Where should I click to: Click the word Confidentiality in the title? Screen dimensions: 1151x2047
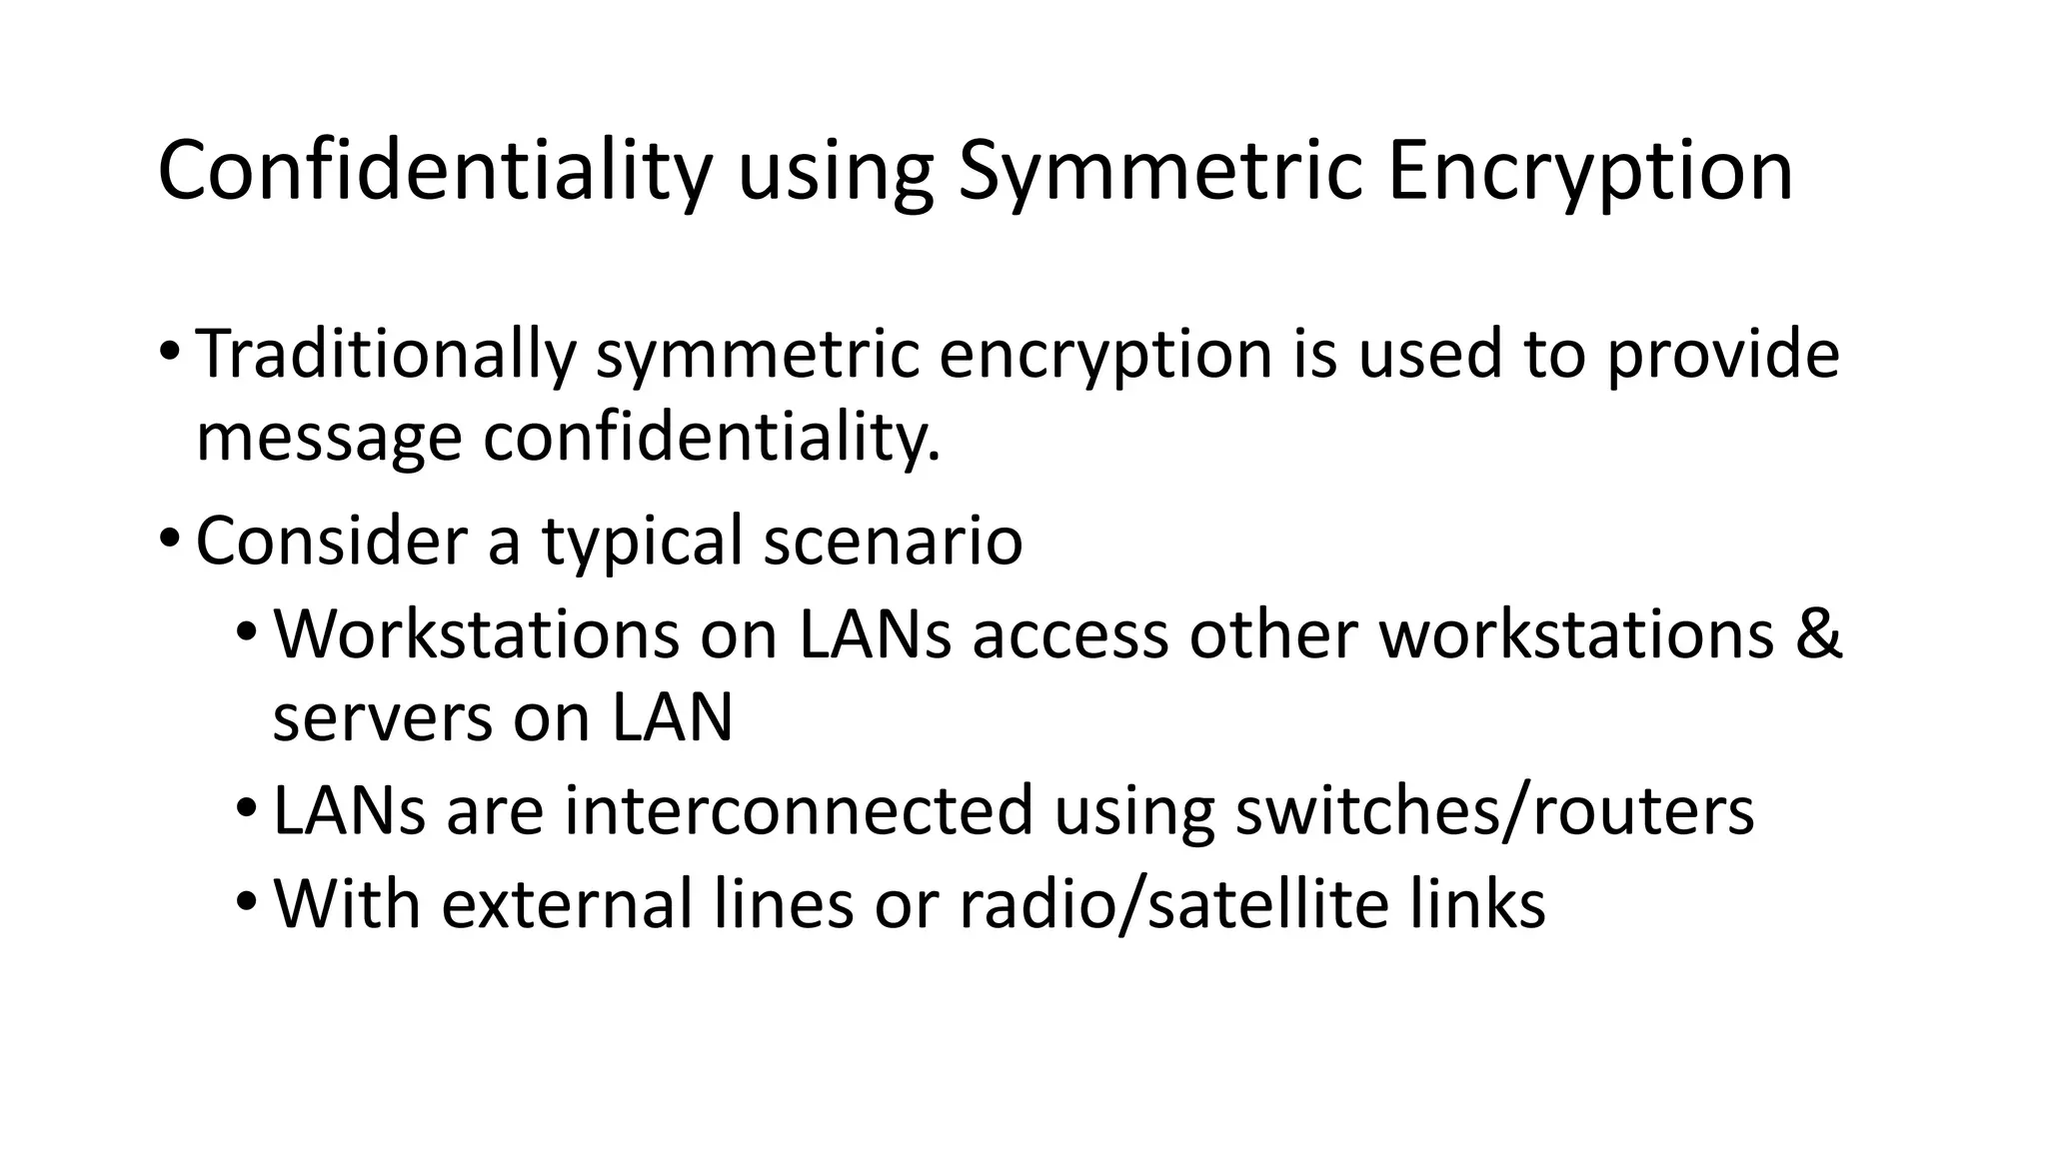point(434,172)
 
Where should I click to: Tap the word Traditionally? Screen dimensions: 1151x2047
point(386,355)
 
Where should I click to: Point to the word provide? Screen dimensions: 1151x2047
point(1722,355)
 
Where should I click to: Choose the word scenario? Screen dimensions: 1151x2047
point(893,541)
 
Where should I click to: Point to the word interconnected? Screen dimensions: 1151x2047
point(798,810)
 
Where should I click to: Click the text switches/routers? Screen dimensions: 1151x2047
point(1494,810)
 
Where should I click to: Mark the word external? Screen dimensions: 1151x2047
point(567,904)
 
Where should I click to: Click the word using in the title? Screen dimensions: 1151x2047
point(835,172)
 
